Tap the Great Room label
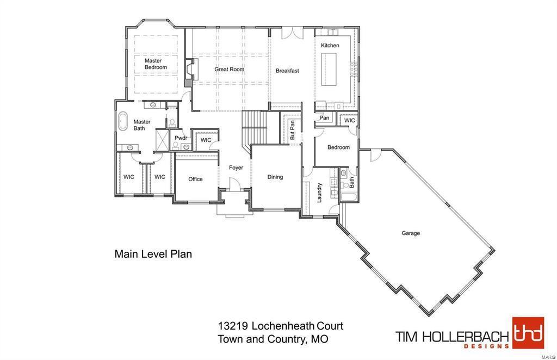click(229, 70)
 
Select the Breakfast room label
click(287, 71)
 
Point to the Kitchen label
click(330, 46)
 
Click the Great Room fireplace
click(188, 72)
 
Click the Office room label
click(195, 179)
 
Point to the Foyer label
click(236, 168)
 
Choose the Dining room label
click(275, 177)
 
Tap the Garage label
click(411, 233)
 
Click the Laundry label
click(320, 192)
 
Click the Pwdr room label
click(181, 138)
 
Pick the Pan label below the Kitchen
click(324, 118)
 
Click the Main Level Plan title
click(153, 254)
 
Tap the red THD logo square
click(528, 333)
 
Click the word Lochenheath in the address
click(283, 326)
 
